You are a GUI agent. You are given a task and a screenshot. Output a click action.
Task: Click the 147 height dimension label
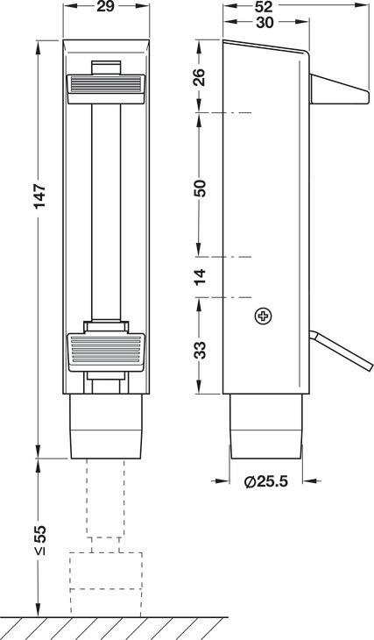[x=40, y=196]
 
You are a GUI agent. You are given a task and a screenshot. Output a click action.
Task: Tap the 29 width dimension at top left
[x=106, y=7]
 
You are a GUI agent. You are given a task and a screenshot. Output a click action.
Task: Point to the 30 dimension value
[x=265, y=23]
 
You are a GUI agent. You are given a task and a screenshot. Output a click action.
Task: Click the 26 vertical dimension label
[x=200, y=77]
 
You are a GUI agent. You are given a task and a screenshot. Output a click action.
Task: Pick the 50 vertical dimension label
[x=200, y=188]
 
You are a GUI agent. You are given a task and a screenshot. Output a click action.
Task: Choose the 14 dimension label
[x=200, y=278]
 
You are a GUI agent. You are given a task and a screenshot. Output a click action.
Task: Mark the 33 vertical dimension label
[x=200, y=350]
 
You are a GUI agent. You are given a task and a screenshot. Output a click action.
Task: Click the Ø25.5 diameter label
[x=266, y=481]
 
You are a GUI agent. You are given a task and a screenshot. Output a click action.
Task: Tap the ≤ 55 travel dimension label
[x=40, y=539]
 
